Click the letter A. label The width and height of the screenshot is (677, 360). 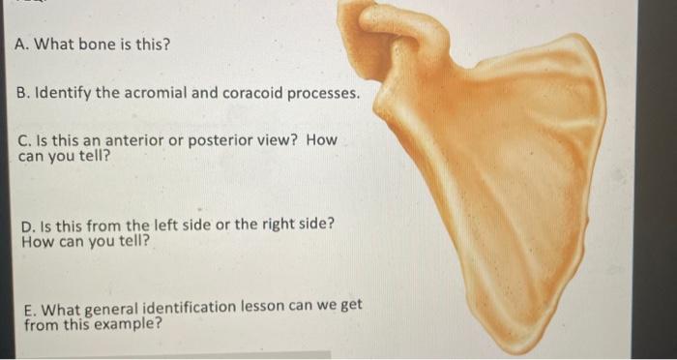pyautogui.click(x=23, y=45)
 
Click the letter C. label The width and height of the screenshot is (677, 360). pyautogui.click(x=24, y=140)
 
